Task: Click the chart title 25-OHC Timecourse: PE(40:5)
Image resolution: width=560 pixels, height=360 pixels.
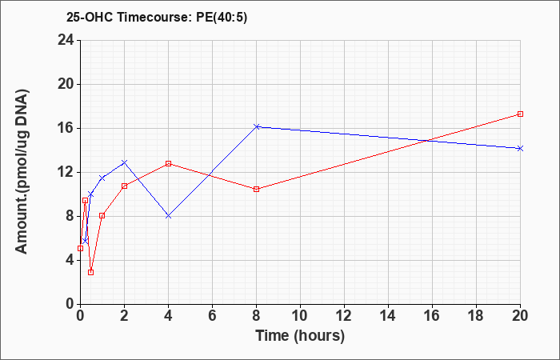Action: pyautogui.click(x=157, y=18)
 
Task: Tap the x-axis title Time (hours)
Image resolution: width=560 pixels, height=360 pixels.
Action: pyautogui.click(x=300, y=336)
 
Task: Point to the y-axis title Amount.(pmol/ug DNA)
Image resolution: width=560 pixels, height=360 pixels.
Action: pyautogui.click(x=22, y=171)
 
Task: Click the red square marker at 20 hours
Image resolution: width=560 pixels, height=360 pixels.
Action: pyautogui.click(x=520, y=114)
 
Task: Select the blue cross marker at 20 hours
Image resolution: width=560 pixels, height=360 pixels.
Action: pyautogui.click(x=520, y=148)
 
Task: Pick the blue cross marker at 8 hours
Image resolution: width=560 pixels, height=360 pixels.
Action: pyautogui.click(x=257, y=126)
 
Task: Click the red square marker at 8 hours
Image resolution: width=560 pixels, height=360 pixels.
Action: pyautogui.click(x=257, y=190)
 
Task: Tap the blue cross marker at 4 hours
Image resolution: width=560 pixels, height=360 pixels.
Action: pyautogui.click(x=169, y=216)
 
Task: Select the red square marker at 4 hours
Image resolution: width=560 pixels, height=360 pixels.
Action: pyautogui.click(x=169, y=163)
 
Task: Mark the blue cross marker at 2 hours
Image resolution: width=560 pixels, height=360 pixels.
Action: pyautogui.click(x=124, y=162)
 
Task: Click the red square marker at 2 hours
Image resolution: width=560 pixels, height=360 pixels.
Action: pyautogui.click(x=124, y=186)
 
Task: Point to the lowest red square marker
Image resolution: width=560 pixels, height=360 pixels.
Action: pyautogui.click(x=90, y=273)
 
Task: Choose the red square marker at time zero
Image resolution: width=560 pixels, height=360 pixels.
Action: pyautogui.click(x=80, y=248)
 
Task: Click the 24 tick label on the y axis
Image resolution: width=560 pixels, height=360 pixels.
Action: pyautogui.click(x=66, y=40)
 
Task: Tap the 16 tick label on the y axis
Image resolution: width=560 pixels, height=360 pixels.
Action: pyautogui.click(x=66, y=128)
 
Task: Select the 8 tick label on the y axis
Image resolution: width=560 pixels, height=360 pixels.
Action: pyautogui.click(x=70, y=216)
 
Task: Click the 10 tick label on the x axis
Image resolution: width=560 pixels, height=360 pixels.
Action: pyautogui.click(x=300, y=316)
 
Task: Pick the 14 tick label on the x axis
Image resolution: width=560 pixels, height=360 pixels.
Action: pyautogui.click(x=388, y=316)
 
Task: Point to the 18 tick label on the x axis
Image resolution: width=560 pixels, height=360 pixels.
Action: pyautogui.click(x=477, y=316)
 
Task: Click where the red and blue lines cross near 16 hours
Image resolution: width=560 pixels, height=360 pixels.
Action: pyautogui.click(x=428, y=140)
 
